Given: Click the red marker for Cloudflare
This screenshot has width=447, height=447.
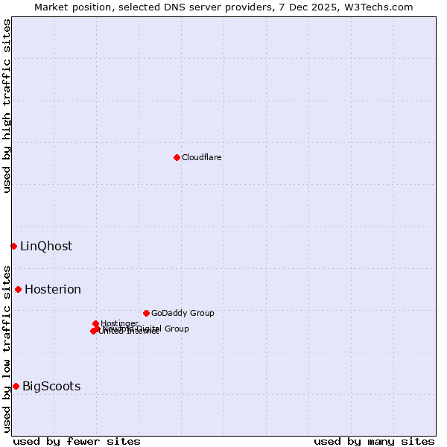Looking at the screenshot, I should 177,157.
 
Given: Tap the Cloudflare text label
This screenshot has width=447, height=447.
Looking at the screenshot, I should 202,158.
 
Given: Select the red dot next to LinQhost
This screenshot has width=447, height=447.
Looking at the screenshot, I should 13,246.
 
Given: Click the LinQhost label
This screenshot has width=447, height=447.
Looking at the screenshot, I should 46,247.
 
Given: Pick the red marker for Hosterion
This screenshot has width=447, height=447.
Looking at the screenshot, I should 18,289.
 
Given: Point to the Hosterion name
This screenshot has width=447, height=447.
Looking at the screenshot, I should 53,290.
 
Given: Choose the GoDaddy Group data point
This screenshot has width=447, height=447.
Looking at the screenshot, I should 146,313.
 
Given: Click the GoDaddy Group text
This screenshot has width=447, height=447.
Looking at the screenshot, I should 183,314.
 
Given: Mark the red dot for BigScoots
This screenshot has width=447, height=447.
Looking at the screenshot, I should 16,386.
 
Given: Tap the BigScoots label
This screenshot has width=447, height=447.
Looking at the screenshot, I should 51,387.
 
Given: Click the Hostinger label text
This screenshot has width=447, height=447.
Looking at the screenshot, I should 119,323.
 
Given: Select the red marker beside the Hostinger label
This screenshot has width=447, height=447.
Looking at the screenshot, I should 95,323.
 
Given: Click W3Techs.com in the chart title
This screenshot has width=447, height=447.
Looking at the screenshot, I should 383,7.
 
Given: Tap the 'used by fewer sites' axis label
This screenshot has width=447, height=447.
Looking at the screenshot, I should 77,441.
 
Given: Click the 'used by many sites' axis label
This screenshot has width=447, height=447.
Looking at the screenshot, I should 374,441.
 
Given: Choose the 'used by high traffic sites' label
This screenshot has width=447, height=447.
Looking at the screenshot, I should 7,106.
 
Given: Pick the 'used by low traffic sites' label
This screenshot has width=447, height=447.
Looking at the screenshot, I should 7,348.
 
